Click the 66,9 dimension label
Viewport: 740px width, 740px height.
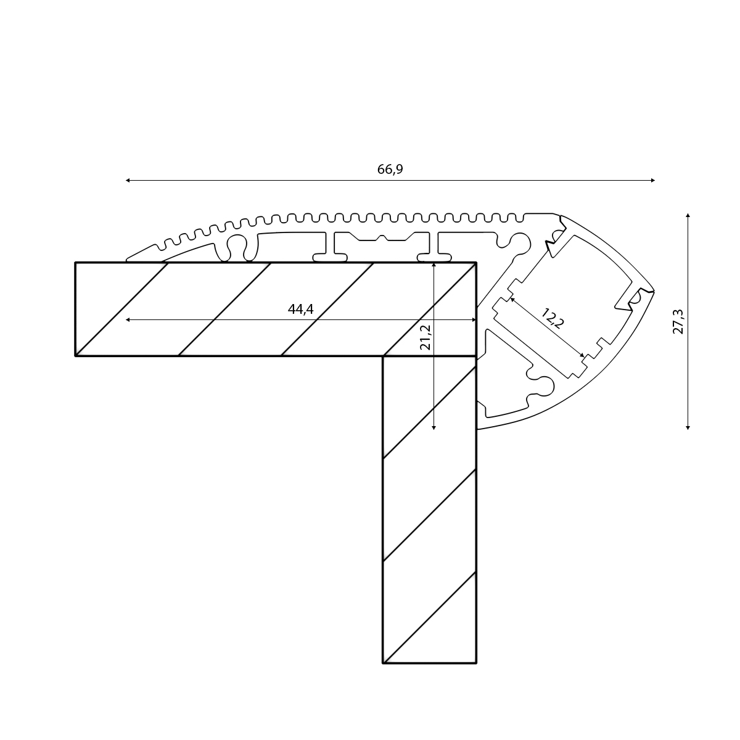coord(390,169)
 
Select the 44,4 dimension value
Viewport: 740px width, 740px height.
coord(301,309)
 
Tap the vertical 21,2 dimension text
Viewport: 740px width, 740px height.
coord(425,337)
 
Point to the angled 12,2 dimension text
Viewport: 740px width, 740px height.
coord(552,318)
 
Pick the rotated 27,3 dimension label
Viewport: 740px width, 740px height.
coord(678,321)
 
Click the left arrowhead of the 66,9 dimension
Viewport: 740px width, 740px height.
coord(128,180)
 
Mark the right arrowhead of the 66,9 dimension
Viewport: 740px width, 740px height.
coord(653,180)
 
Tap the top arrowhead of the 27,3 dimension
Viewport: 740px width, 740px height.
coord(688,215)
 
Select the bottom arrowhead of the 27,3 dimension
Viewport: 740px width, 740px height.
coord(688,427)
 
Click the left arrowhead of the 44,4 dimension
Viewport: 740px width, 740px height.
coord(128,319)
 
